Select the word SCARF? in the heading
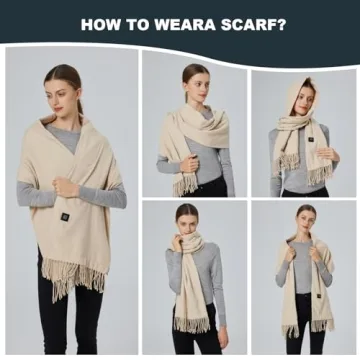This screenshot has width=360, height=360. click(x=254, y=24)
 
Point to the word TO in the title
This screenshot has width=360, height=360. click(x=141, y=24)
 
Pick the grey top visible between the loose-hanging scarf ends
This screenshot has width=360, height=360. click(x=303, y=270)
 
